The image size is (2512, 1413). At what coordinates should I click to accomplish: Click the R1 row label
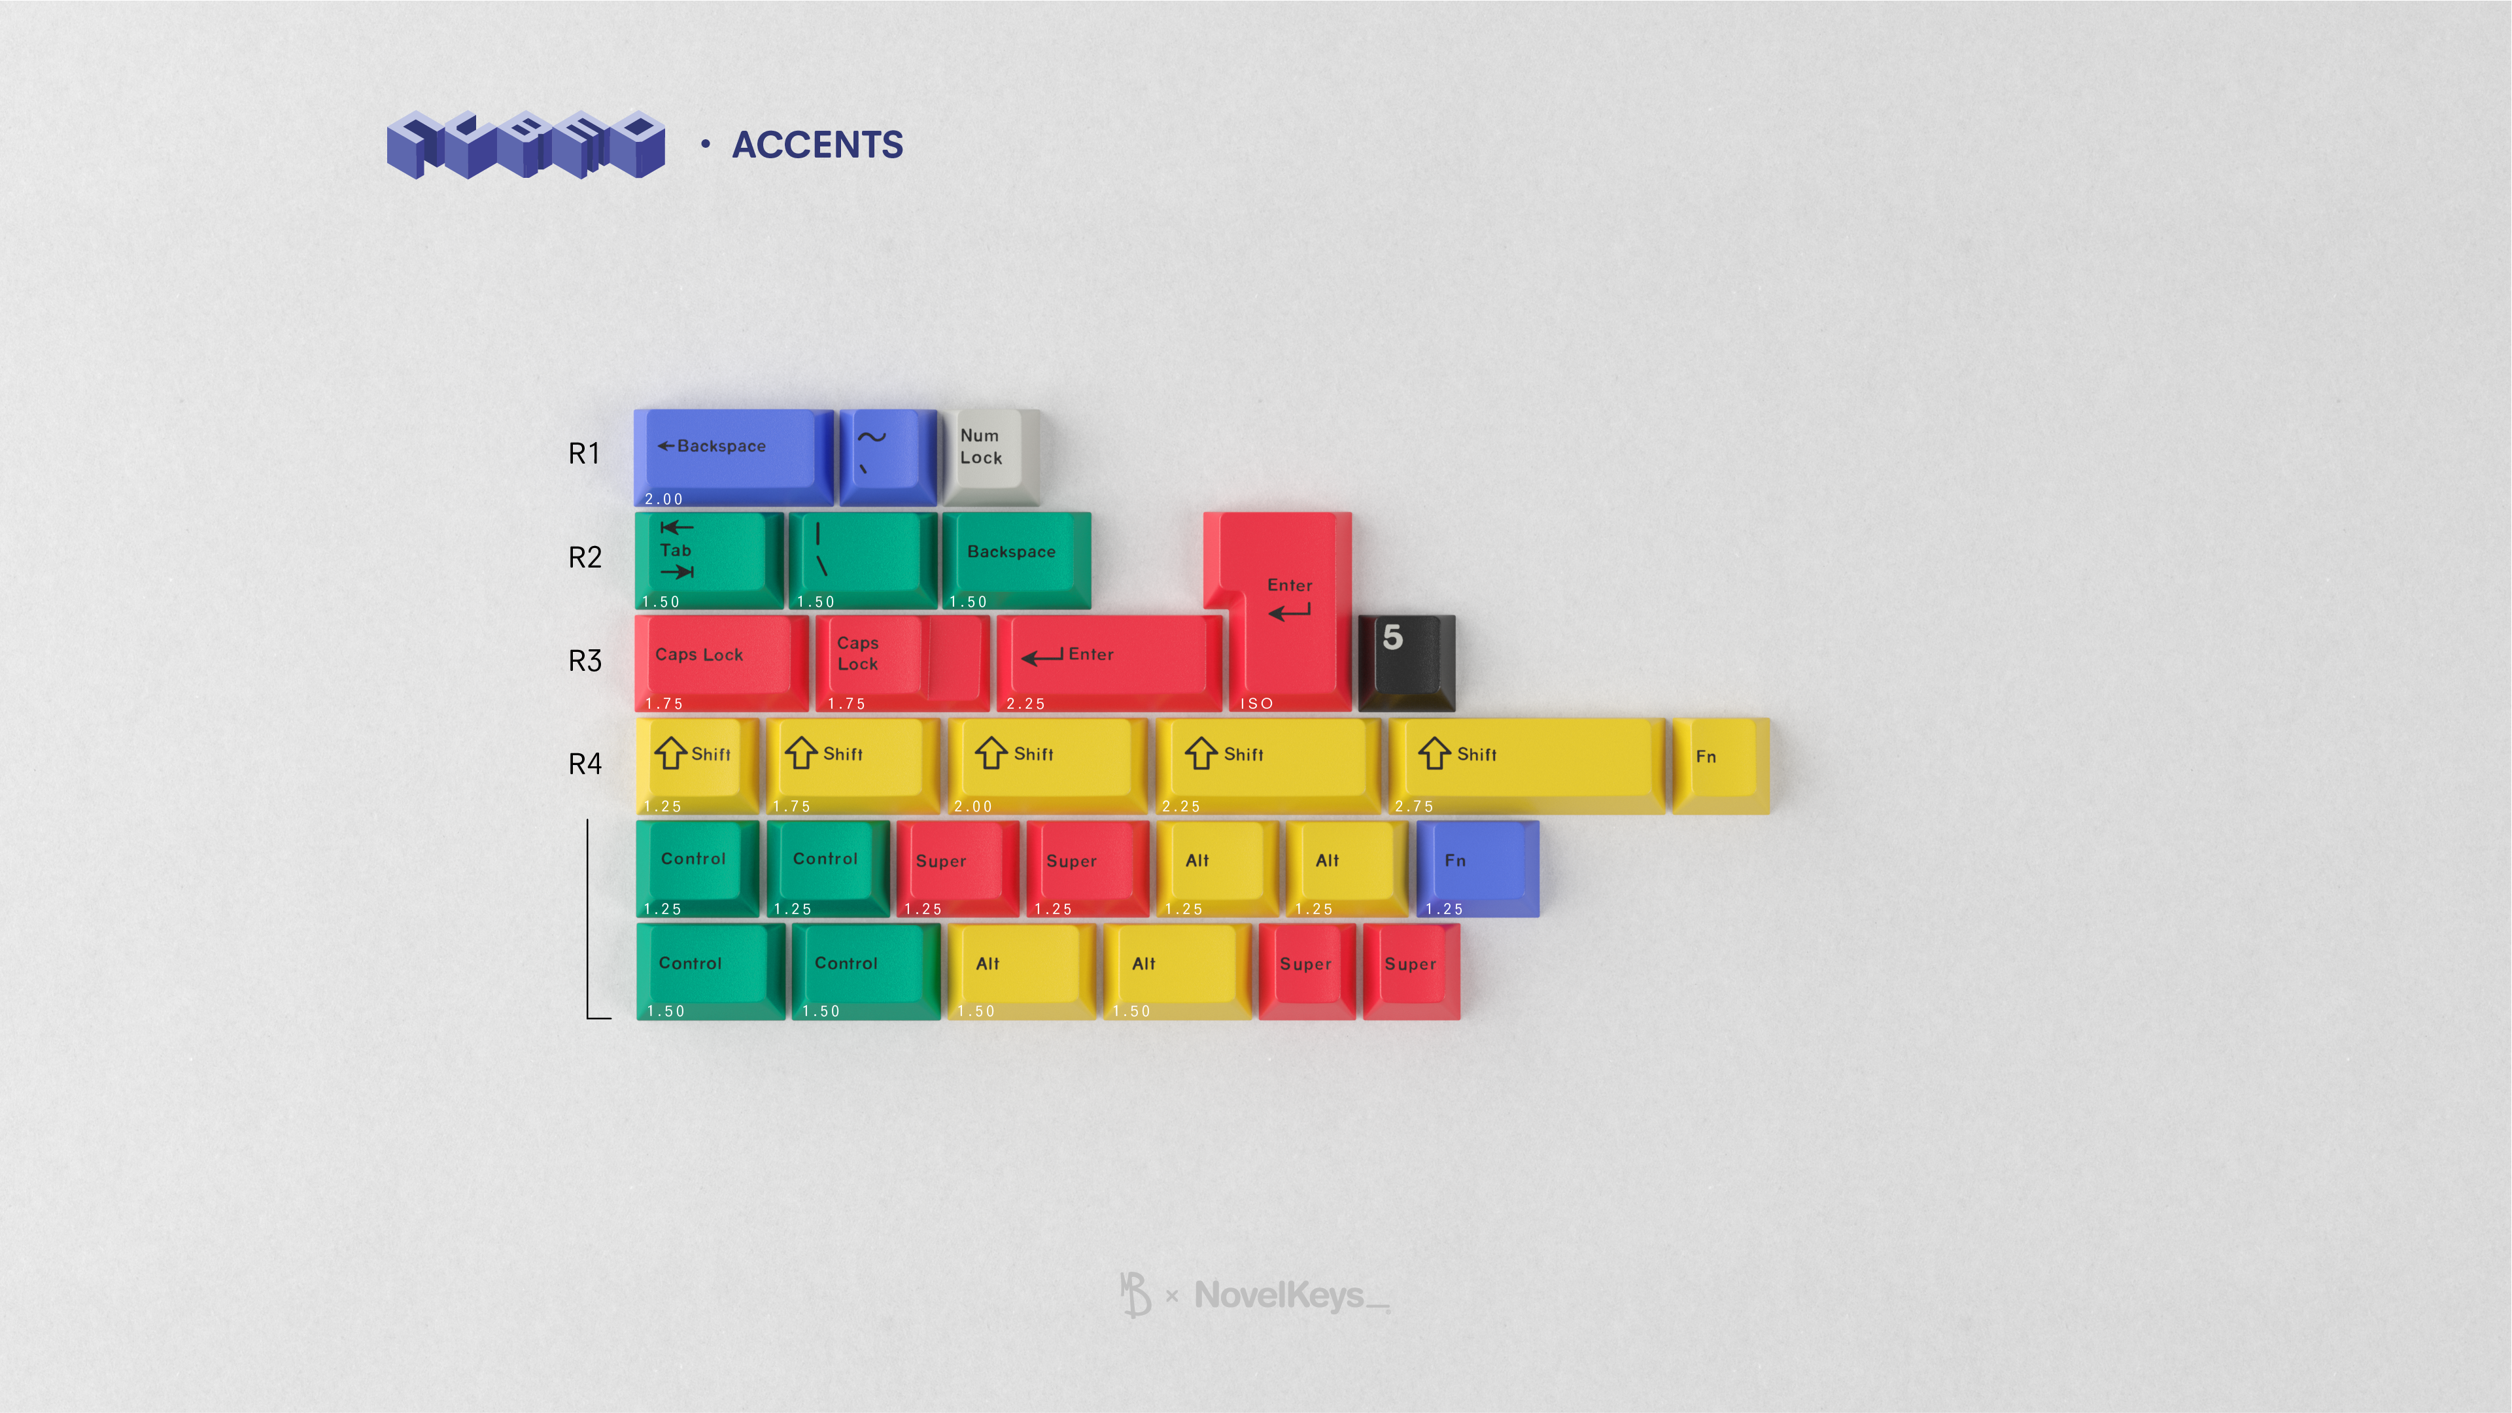(x=584, y=453)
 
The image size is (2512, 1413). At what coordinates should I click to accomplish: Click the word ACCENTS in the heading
(x=817, y=145)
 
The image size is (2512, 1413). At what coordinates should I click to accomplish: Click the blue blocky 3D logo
(x=526, y=145)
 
